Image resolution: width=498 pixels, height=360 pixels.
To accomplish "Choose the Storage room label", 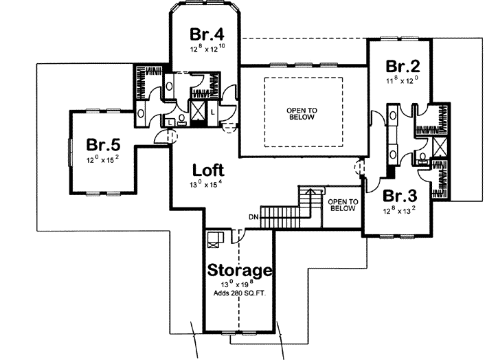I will tap(239, 270).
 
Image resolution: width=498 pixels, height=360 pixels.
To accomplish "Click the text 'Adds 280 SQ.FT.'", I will tap(239, 295).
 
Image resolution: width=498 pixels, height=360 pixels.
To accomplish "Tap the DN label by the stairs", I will tap(253, 218).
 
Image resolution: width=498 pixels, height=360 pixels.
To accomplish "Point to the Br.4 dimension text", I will tap(207, 49).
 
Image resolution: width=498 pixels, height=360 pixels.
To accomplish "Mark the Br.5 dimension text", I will tap(103, 159).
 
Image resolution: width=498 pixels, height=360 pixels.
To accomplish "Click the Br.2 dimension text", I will tap(403, 80).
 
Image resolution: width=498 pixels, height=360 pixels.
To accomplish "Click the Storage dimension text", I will tap(239, 284).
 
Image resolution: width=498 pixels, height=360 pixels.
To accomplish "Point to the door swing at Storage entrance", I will tap(237, 235).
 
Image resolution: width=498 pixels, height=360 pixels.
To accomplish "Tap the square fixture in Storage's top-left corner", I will tap(214, 238).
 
